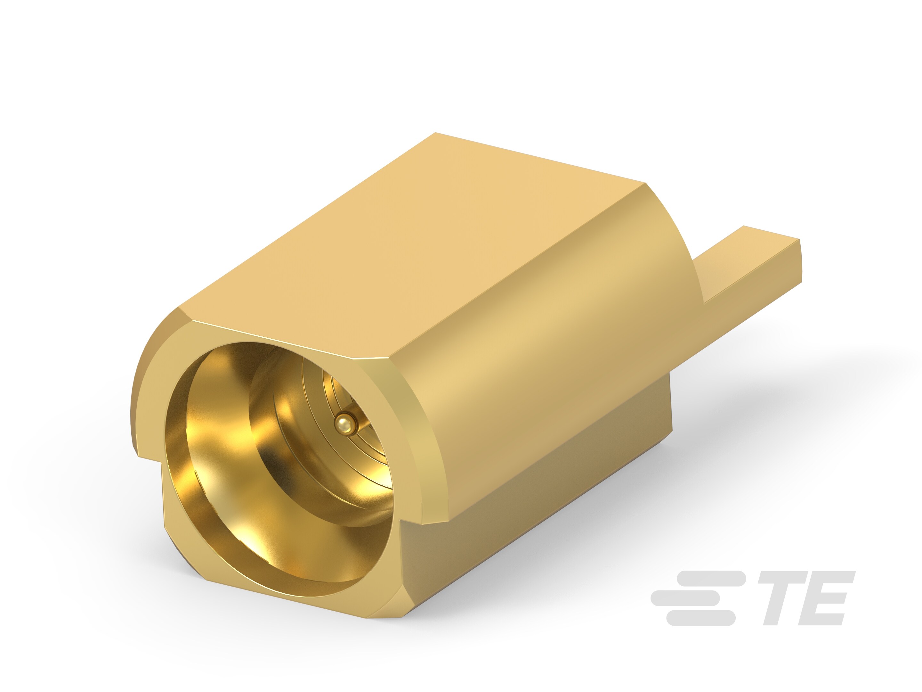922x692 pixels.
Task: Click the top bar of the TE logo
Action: point(708,578)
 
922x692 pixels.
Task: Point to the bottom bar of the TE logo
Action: point(700,618)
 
